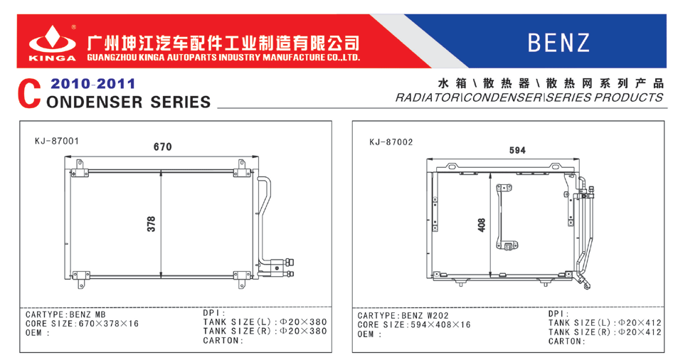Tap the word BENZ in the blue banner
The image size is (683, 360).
pos(559,43)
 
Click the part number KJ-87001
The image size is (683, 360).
pos(57,141)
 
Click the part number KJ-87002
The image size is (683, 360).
pos(391,142)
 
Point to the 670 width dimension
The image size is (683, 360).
pos(163,147)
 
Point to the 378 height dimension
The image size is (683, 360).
pos(151,223)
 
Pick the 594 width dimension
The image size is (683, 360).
pos(517,150)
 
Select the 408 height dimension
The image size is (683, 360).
pos(482,226)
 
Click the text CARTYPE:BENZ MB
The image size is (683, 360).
pos(65,314)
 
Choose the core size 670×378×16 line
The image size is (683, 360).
pos(83,323)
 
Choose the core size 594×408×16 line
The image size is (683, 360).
pos(414,324)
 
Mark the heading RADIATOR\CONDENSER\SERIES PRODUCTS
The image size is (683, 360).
pos(529,97)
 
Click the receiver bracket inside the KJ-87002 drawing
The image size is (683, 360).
pos(507,217)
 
